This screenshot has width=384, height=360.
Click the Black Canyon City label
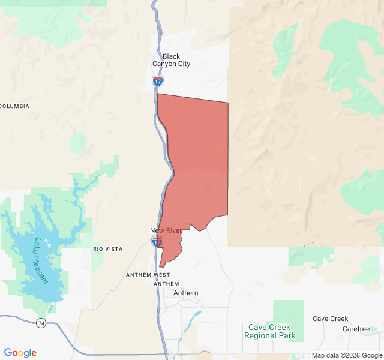pos(171,60)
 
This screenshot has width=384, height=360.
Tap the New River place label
pos(166,231)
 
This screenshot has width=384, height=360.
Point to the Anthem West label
pos(148,275)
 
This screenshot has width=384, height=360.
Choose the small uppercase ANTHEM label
pos(162,284)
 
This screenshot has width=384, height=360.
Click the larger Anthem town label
pos(185,293)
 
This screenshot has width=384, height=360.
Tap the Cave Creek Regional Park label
pos(269,331)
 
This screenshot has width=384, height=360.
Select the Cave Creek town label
pos(330,319)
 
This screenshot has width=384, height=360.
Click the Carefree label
pos(356,329)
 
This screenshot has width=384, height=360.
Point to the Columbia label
pos(14,106)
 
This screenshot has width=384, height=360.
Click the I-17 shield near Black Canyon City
pos(158,80)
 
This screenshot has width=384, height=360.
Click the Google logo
pos(20,353)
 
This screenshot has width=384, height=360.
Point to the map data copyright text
pos(346,355)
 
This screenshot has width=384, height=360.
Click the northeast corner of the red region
pos(228,103)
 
